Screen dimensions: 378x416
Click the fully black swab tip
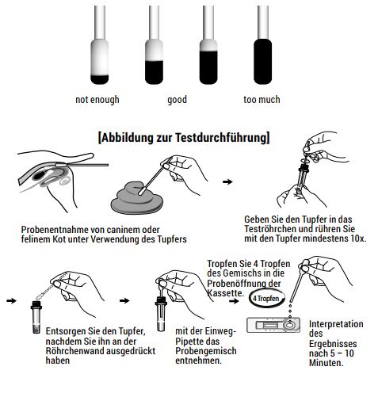coord(262,61)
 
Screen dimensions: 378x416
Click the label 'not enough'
coord(97,100)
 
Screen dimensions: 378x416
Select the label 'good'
coord(178,100)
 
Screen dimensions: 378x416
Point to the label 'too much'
coord(262,100)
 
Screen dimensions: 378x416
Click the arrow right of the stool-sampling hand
coord(227,181)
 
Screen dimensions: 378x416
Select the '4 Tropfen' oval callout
coord(266,298)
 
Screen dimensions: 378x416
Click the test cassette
coord(273,325)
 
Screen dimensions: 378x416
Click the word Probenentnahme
coord(55,230)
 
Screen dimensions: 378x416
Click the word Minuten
coord(326,363)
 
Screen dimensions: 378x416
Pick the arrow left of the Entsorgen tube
coord(11,300)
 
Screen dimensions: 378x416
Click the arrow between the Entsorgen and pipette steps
coord(124,300)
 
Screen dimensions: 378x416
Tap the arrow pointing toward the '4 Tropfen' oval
coord(234,301)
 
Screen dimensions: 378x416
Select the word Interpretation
coord(336,324)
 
